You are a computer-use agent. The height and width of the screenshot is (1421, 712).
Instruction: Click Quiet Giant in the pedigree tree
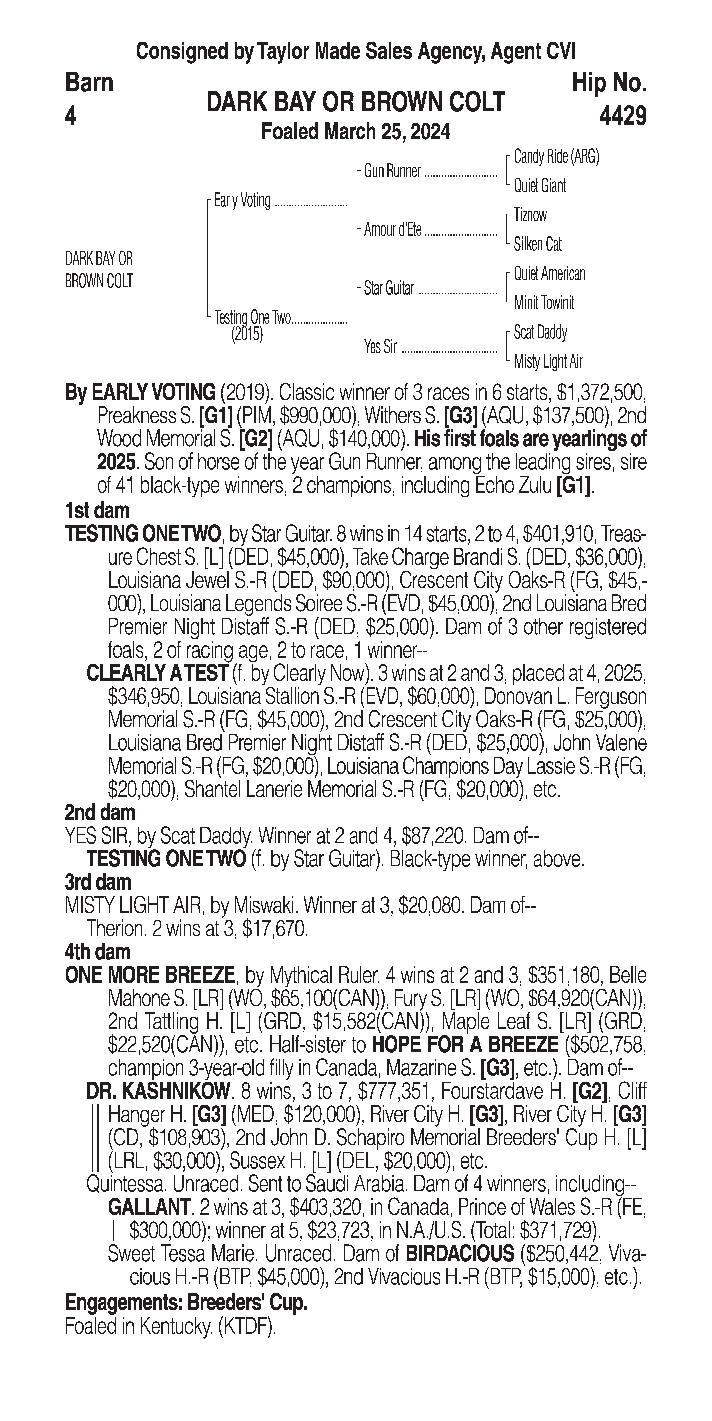[x=539, y=186]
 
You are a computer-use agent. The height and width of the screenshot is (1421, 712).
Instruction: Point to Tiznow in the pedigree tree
[x=530, y=215]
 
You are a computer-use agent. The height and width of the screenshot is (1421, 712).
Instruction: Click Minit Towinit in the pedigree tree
[x=544, y=303]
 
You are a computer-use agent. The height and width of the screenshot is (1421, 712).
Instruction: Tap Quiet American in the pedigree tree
[x=549, y=274]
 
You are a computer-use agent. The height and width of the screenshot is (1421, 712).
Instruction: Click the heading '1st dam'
[x=97, y=511]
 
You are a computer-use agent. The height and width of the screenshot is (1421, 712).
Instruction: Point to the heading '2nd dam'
[x=100, y=813]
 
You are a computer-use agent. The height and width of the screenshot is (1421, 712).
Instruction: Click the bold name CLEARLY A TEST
[x=157, y=673]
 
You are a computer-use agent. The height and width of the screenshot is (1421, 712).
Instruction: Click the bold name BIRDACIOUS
[x=459, y=1254]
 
